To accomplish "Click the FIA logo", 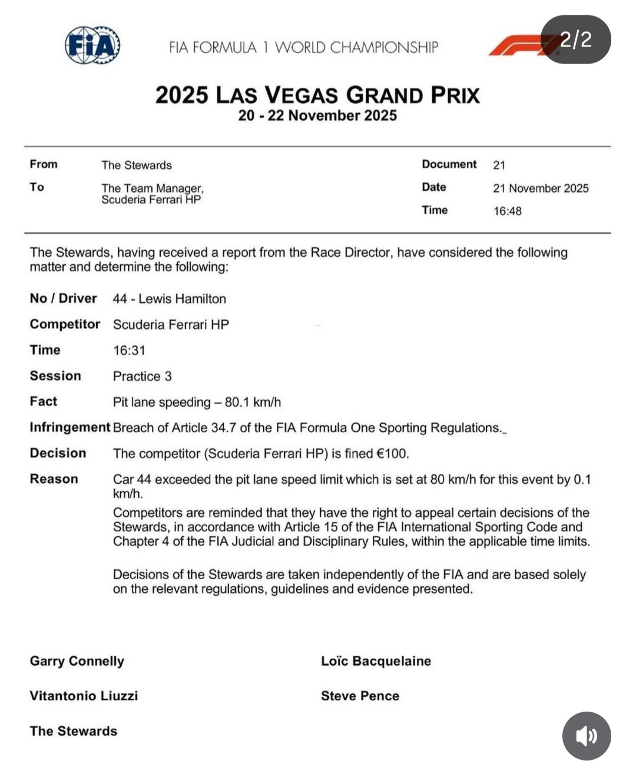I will (x=92, y=45).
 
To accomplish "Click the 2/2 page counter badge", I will (x=575, y=39).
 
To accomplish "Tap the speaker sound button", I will (x=586, y=736).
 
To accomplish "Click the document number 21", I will (x=499, y=165).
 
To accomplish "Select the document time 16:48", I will (x=507, y=211).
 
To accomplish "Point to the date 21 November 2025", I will (x=541, y=188).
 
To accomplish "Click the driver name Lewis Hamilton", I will (x=182, y=298).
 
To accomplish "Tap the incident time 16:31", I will (x=129, y=350).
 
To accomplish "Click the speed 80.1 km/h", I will (x=253, y=402).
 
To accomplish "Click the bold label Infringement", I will (x=69, y=427).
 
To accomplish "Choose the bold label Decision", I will (x=58, y=453).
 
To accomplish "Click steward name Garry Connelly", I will (x=77, y=661).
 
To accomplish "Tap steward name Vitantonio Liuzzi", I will (x=84, y=696).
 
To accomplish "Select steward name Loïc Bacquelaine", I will (x=376, y=661).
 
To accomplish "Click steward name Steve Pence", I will (x=360, y=696).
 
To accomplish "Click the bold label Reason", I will (x=54, y=479).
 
